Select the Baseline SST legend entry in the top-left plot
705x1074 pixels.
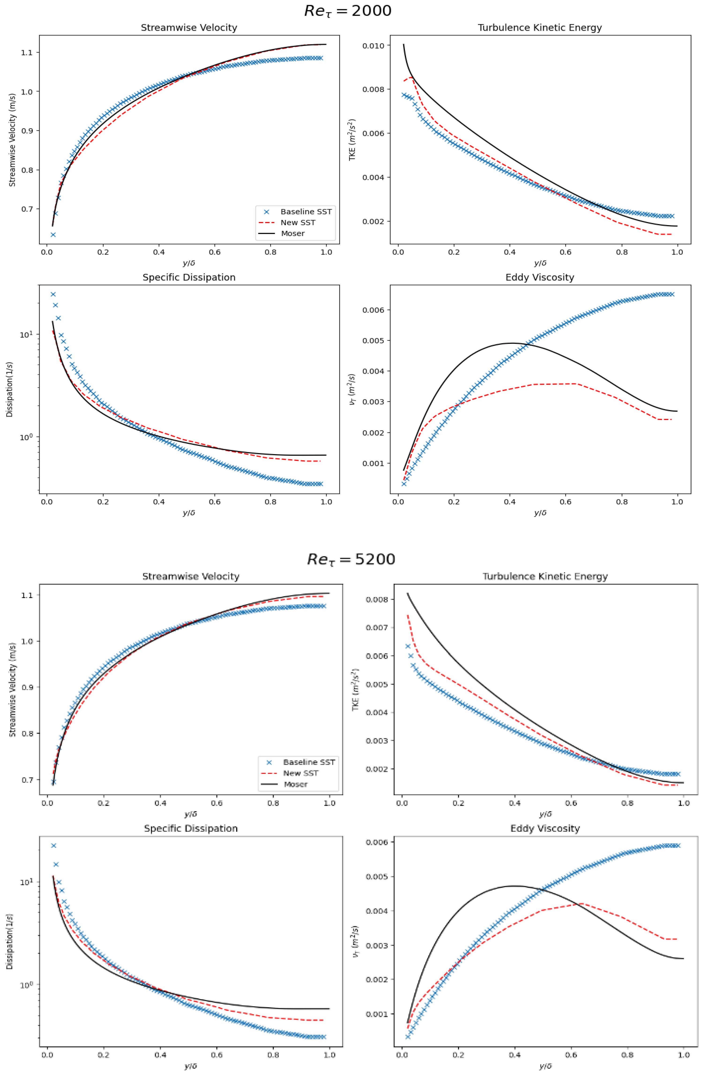tap(306, 212)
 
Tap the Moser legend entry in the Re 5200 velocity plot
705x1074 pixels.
tap(295, 784)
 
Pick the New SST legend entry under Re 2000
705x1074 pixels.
tap(298, 222)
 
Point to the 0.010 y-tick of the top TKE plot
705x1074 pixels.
tap(373, 45)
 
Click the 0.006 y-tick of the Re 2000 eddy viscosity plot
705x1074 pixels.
tap(373, 310)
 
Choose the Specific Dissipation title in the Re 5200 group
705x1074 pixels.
tap(191, 829)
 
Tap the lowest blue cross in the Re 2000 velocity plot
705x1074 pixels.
tap(53, 235)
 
